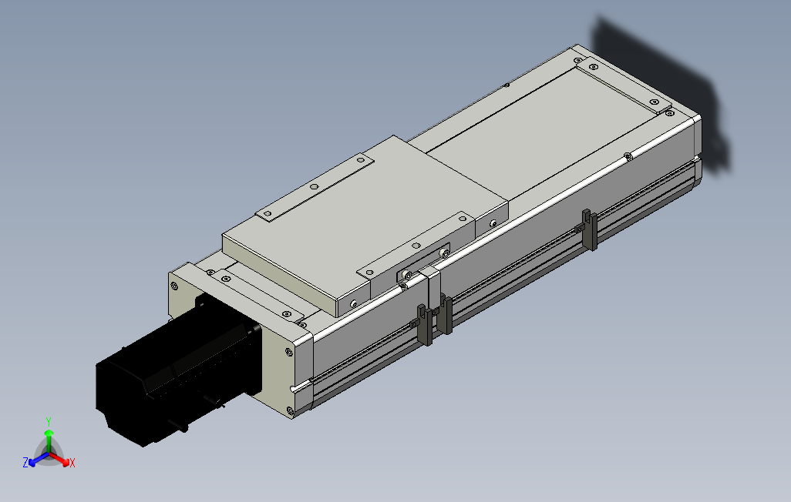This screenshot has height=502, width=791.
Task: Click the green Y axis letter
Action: (48, 421)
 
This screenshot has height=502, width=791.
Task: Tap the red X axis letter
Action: (72, 463)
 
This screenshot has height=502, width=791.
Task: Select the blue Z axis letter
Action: (25, 463)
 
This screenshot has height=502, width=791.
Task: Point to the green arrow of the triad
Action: (49, 437)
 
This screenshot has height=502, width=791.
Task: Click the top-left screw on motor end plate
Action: (175, 286)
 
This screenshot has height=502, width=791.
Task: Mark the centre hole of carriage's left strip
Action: (313, 186)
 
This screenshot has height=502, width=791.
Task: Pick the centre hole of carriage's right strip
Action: (416, 246)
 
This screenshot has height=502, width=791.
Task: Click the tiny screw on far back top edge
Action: (506, 85)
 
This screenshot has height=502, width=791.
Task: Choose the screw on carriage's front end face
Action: (352, 303)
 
